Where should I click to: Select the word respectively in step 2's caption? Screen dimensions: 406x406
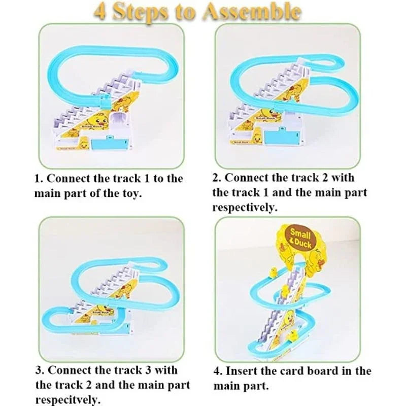(245, 207)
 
